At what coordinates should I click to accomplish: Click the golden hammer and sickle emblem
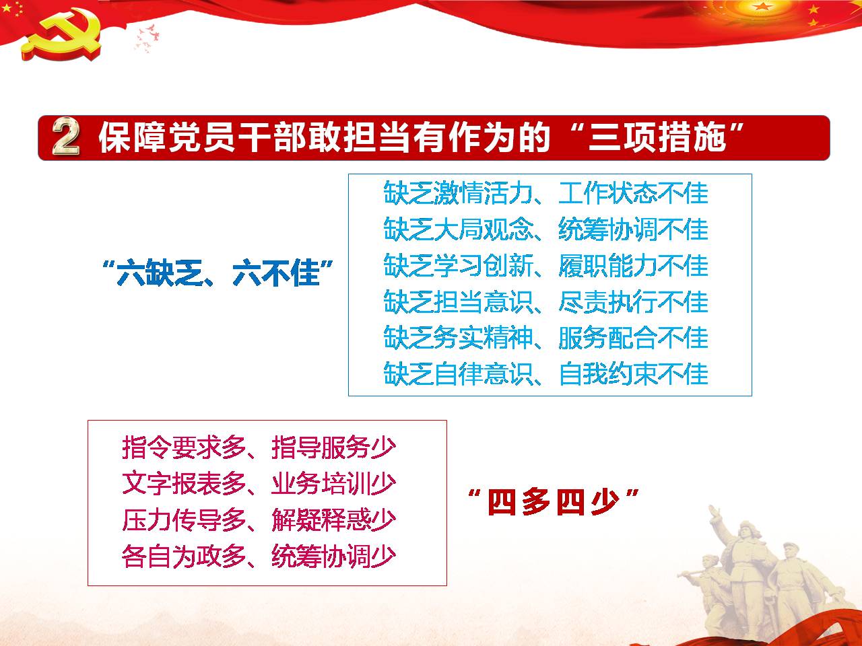point(62,34)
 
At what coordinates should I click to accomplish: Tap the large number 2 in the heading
point(65,137)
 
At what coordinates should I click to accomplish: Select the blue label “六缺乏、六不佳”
point(217,273)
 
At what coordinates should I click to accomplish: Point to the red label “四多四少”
point(554,502)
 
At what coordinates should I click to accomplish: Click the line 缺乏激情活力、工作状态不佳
point(546,193)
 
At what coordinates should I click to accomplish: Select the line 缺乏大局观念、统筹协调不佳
point(546,229)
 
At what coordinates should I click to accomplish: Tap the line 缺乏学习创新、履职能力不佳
point(546,266)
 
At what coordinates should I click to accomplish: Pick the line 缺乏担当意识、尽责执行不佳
point(546,301)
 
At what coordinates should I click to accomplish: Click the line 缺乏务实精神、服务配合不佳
point(546,338)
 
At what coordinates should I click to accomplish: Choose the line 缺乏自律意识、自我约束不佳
point(546,373)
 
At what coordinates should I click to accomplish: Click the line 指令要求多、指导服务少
point(259,447)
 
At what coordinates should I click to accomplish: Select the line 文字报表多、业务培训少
point(259,484)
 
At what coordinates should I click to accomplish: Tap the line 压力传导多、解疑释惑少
point(259,520)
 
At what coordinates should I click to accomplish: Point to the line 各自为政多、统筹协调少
point(259,557)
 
